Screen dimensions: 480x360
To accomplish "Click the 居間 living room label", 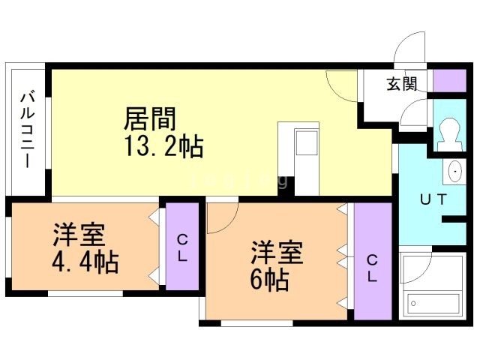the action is (x=150, y=118).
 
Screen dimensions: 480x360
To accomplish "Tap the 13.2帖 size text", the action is (x=163, y=146).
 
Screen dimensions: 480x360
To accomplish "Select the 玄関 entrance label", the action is (x=402, y=83).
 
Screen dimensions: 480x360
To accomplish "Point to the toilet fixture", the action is (x=449, y=134).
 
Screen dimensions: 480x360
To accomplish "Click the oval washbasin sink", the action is (x=454, y=171).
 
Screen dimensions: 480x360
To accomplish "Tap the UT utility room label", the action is (x=433, y=199).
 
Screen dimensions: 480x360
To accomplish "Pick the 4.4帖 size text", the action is (x=85, y=262).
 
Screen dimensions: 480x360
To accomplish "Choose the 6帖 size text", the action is (x=269, y=280).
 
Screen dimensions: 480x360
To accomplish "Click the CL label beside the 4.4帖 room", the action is (x=182, y=248).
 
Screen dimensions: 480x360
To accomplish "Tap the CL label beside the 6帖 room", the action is (x=372, y=268).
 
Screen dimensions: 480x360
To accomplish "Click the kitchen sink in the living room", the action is (x=307, y=142).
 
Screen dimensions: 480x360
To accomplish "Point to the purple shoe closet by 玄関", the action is (x=449, y=81).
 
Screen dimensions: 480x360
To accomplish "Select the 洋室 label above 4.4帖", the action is (x=79, y=235).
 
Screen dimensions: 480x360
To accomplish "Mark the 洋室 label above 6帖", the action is (x=277, y=253).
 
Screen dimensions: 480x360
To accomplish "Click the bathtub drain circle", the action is (x=413, y=304).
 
